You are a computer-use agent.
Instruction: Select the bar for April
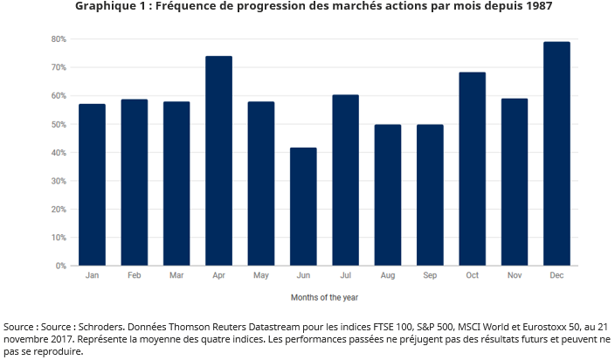pos(218,161)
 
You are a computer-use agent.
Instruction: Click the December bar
pos(556,154)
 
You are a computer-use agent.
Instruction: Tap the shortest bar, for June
pos(303,206)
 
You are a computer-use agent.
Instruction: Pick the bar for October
pos(472,169)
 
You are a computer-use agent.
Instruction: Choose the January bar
pos(92,184)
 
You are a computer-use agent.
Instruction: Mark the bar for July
pos(345,180)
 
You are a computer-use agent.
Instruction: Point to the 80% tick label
pos(59,39)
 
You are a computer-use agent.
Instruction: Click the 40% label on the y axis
pos(59,153)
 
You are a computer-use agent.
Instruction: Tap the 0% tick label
pos(61,266)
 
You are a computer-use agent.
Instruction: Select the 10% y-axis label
pos(59,238)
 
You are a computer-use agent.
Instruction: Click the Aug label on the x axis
pos(387,275)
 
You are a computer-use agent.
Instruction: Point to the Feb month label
pos(134,275)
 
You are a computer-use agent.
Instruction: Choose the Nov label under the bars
pos(514,275)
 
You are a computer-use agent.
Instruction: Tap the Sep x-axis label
pos(430,275)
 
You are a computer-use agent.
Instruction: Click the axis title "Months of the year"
pos(324,298)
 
